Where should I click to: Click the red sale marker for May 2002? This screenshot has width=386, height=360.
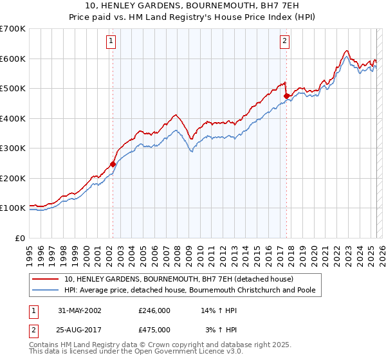click(113, 164)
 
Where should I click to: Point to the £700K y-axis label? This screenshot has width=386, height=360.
click(12, 29)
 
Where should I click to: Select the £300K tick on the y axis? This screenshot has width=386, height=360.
click(12, 148)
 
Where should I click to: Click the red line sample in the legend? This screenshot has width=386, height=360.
click(44, 280)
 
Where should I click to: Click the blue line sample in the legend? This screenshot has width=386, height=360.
click(44, 291)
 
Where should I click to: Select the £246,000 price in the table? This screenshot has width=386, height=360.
click(154, 310)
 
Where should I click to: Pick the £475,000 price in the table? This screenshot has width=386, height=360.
click(154, 329)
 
